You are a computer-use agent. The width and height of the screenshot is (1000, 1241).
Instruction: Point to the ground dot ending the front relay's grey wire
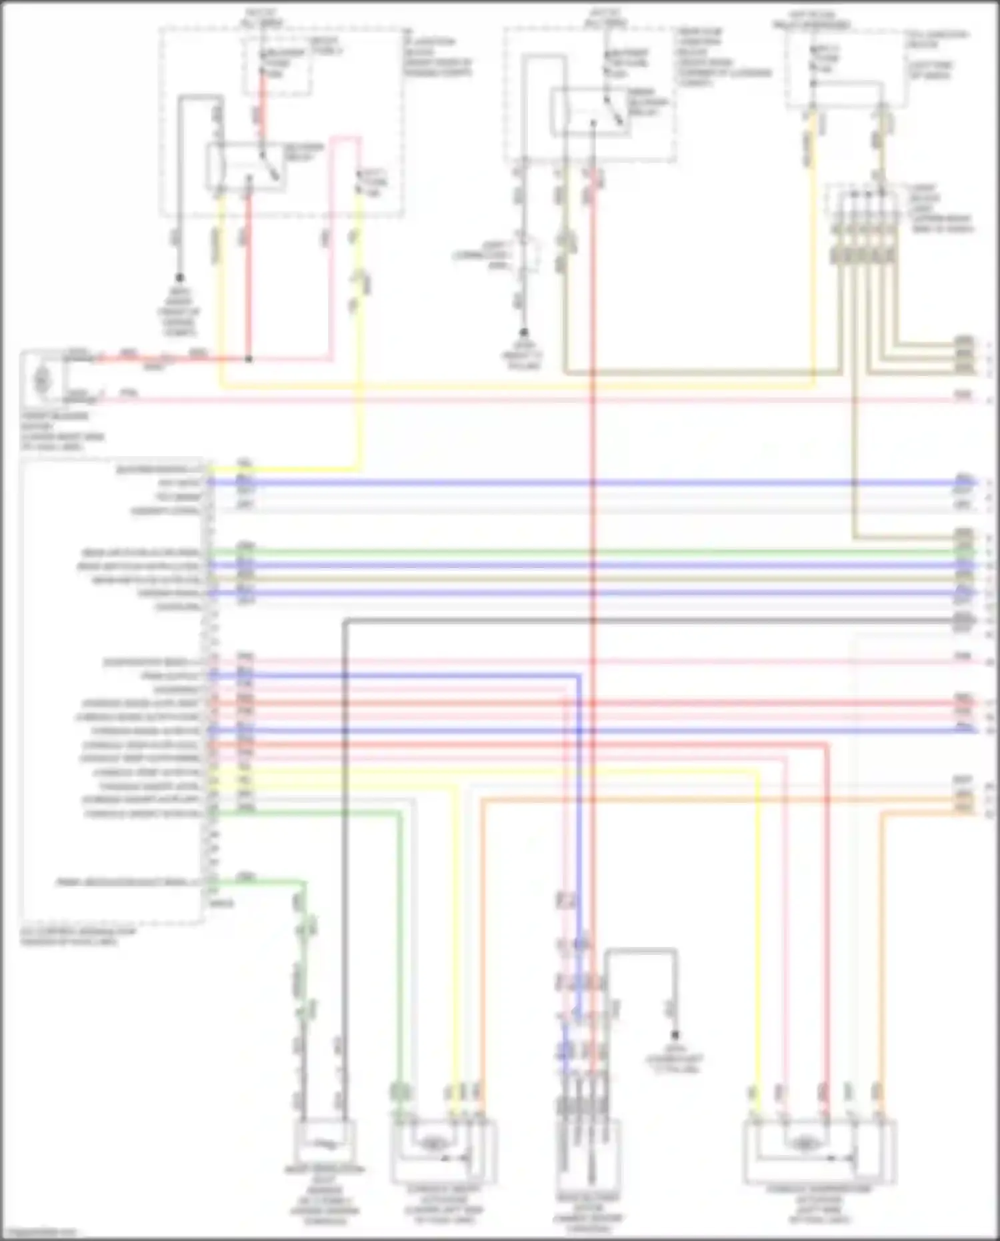tap(179, 278)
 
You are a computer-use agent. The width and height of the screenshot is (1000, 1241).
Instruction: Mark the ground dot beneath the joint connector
tap(524, 331)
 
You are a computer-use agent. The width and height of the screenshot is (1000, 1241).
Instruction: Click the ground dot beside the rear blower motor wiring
tap(675, 1036)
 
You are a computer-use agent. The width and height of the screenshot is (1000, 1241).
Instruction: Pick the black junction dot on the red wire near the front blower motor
tap(249, 359)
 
